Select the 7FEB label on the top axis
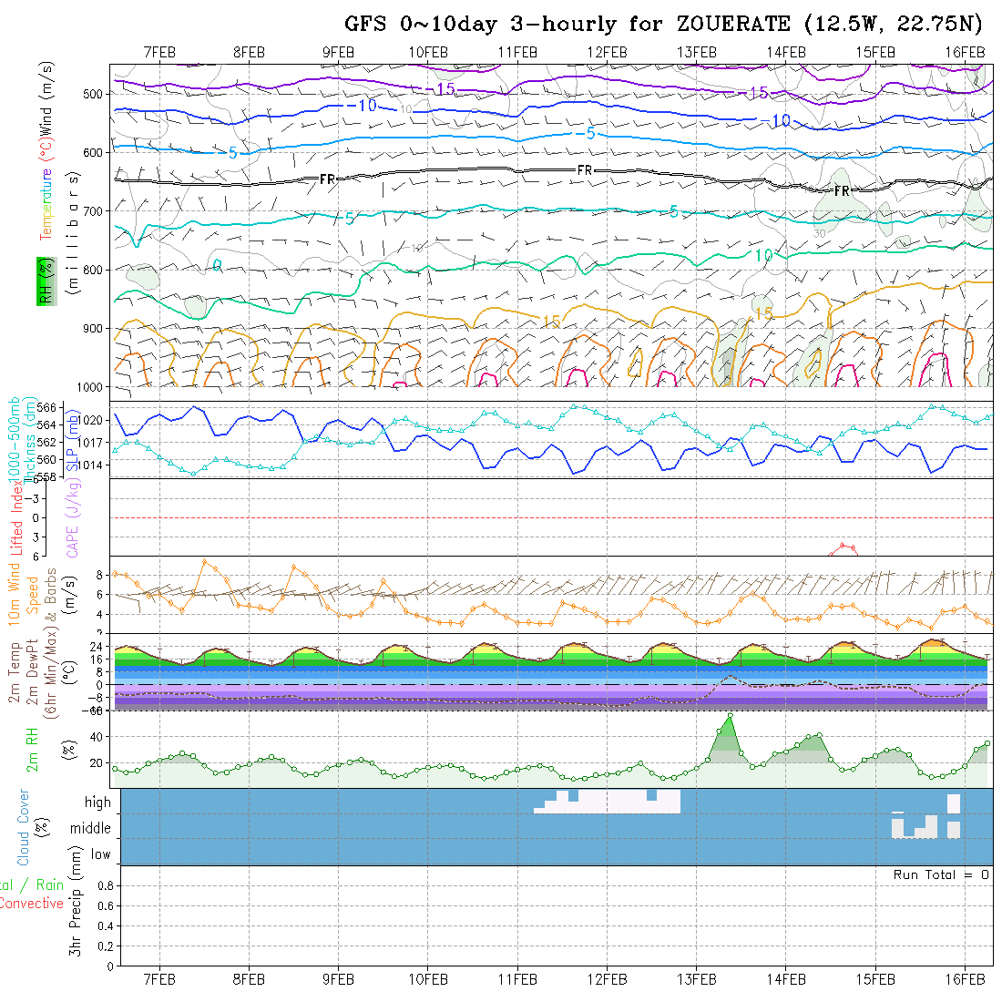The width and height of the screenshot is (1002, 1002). click(x=160, y=52)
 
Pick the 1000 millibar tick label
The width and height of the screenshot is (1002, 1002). click(x=91, y=387)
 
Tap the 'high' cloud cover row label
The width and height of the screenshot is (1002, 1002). click(x=97, y=803)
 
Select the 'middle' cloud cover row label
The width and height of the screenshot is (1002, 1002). click(x=91, y=829)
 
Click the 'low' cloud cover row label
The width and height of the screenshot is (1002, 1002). click(x=100, y=854)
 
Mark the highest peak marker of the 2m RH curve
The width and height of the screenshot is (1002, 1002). click(x=730, y=716)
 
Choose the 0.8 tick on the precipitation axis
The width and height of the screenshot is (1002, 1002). click(x=104, y=885)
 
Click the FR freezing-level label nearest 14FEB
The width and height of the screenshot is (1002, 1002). click(x=841, y=191)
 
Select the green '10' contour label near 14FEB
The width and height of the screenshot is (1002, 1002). click(x=763, y=256)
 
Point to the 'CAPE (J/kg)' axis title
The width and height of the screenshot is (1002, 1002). click(x=72, y=516)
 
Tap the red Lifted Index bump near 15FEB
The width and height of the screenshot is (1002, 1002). click(x=845, y=546)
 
